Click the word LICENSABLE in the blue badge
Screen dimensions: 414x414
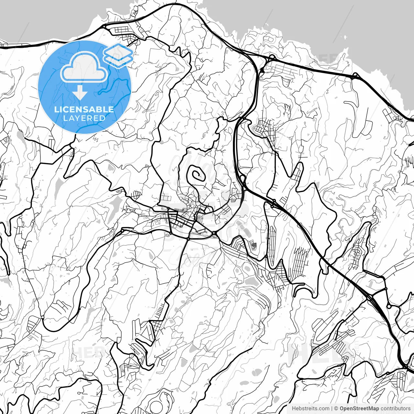(x=84, y=109)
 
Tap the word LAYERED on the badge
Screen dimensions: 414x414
(x=84, y=118)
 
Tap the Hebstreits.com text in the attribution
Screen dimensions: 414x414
(x=310, y=409)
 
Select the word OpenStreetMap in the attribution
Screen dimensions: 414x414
(x=359, y=409)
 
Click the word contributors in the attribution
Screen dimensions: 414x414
(x=395, y=409)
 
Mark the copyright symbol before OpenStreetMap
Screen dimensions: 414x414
(x=336, y=409)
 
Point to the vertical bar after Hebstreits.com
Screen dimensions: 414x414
(x=332, y=409)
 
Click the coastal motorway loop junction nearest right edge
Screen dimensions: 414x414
(x=355, y=76)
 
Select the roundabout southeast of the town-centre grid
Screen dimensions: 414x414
(x=214, y=233)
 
